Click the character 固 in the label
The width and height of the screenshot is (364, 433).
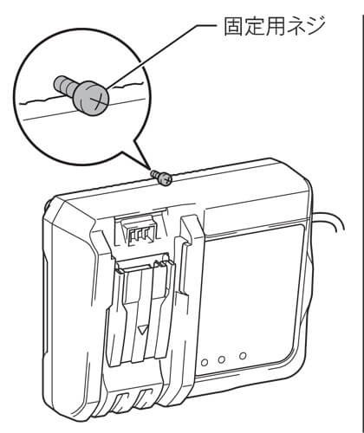click(234, 26)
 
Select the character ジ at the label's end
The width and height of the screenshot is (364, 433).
click(315, 26)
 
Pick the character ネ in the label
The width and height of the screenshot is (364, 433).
click(295, 26)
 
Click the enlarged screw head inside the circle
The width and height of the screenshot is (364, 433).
click(91, 97)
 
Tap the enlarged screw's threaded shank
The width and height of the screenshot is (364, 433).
click(63, 84)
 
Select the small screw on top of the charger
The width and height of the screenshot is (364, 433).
click(162, 177)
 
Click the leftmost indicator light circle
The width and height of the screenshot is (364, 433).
click(205, 363)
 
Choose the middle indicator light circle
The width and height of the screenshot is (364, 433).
click(222, 359)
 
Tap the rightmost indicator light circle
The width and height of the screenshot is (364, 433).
click(243, 356)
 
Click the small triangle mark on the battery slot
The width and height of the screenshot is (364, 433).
click(142, 330)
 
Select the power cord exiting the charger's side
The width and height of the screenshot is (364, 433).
click(329, 219)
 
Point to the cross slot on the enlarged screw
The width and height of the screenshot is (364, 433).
click(96, 99)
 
